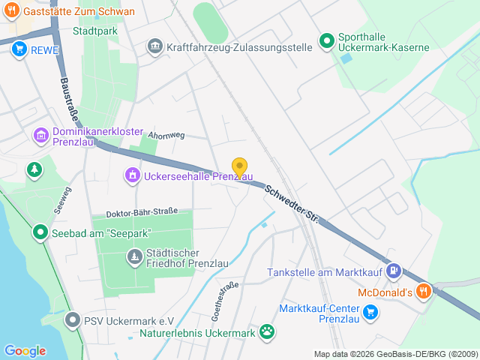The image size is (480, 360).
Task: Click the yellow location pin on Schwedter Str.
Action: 239,167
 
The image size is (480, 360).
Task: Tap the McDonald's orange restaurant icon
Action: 424,291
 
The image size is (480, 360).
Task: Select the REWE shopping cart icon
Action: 19,49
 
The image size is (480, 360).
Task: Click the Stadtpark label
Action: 95,31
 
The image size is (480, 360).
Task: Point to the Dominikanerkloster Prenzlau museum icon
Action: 40,136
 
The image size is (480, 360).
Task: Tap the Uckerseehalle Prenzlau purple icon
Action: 132,175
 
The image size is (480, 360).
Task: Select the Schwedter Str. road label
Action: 292,206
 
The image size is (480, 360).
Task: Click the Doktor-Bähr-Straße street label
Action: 142,213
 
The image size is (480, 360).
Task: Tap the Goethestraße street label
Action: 226,298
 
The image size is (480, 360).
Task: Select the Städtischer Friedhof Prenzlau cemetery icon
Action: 134,258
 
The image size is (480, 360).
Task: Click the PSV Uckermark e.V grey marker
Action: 72,320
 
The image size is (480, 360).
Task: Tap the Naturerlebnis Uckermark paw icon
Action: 266,331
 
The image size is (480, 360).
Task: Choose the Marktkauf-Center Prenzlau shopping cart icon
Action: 370,311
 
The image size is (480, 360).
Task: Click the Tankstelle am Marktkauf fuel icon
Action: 394,271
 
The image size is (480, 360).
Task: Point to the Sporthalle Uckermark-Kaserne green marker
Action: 326,41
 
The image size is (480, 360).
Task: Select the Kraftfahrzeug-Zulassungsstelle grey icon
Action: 154,46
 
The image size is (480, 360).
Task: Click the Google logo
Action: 25,350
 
